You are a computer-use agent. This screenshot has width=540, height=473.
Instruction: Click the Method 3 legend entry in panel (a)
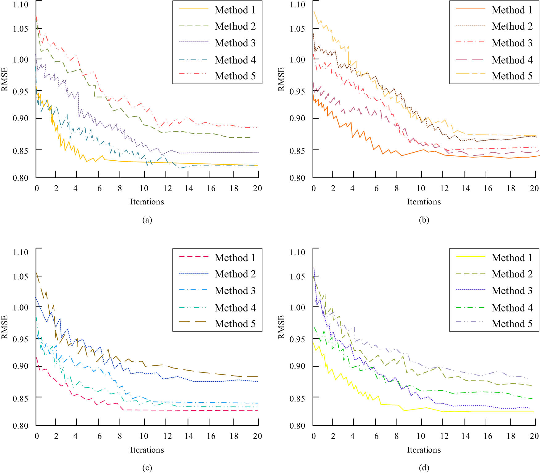coord(235,43)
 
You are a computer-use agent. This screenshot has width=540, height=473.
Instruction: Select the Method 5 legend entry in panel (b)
coord(512,76)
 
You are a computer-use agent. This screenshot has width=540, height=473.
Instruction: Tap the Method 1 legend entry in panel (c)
coord(235,257)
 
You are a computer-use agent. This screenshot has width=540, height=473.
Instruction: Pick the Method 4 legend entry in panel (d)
coord(512,308)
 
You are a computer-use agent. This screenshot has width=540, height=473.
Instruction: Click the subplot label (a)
coord(147,220)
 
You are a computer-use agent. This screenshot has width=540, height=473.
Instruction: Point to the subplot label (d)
coord(424,467)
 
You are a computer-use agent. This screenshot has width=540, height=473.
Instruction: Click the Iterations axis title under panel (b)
coord(424,202)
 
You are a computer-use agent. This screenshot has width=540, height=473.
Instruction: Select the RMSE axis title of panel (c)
coord(4,327)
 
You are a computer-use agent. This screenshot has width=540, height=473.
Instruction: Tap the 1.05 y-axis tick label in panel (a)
coord(20,29)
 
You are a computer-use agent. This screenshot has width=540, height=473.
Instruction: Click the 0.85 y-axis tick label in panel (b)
coord(297,151)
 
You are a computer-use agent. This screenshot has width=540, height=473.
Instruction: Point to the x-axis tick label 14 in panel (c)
coord(189,436)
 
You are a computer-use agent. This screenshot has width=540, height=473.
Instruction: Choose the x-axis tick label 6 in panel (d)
coord(376,436)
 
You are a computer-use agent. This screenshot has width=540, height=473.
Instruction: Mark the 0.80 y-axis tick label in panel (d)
coord(297,426)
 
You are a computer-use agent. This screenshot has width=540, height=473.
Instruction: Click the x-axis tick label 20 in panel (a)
coord(257,188)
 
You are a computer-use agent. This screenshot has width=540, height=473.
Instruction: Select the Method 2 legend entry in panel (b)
coord(512,26)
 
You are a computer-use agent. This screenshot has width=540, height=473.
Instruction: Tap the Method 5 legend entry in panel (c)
coord(235,324)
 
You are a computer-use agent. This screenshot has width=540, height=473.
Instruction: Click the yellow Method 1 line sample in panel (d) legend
coord(471,257)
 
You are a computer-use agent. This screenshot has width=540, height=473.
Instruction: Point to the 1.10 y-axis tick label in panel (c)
coord(20,252)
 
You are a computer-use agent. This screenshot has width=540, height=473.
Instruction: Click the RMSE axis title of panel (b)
coord(281,79)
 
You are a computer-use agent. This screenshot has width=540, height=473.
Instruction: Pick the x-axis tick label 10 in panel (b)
coord(421,188)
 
